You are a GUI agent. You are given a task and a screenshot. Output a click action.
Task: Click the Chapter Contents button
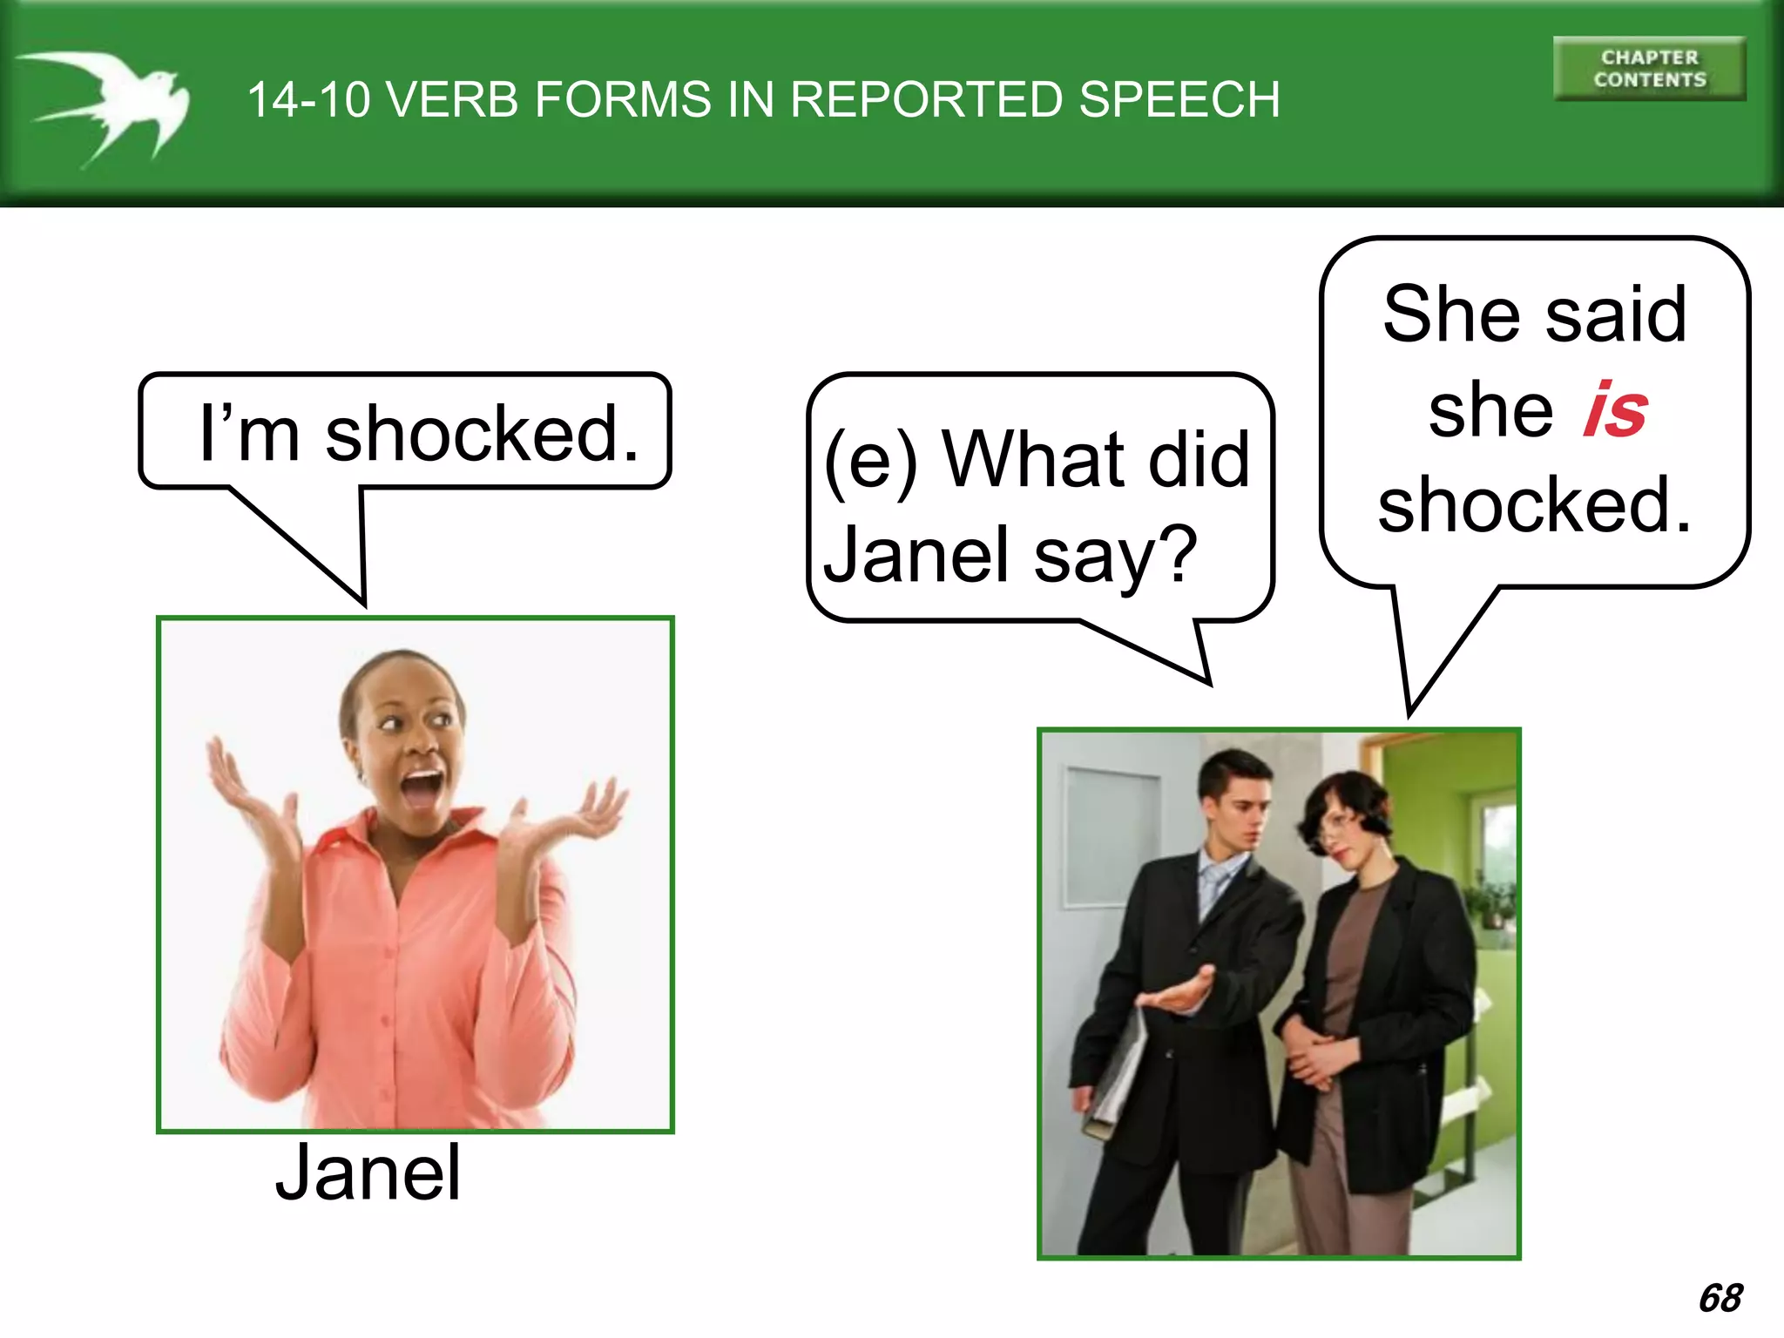pyautogui.click(x=1649, y=69)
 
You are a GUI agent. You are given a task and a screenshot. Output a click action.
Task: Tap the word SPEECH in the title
pyautogui.click(x=1179, y=99)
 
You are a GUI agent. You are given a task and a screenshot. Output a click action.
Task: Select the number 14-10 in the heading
pyautogui.click(x=308, y=99)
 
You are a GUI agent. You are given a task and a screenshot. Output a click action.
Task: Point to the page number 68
pyautogui.click(x=1720, y=1298)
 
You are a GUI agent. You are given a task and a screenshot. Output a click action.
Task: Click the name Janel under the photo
pyautogui.click(x=368, y=1173)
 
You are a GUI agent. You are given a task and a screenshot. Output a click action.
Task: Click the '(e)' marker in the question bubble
pyautogui.click(x=871, y=462)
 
